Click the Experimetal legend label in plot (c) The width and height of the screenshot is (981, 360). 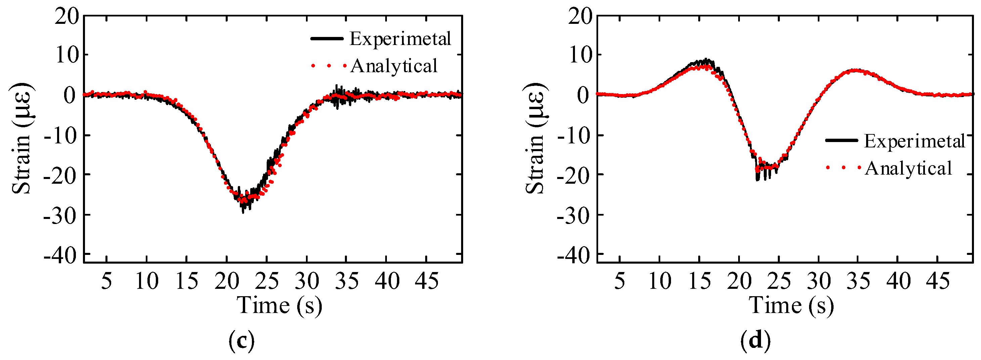[400, 39]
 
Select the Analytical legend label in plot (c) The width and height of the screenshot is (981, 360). [394, 66]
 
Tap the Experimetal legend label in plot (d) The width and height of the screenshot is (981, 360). [914, 141]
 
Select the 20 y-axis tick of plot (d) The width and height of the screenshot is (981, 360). [580, 17]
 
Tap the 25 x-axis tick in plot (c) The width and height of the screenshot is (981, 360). [267, 281]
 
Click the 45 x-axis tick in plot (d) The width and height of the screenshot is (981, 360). [938, 281]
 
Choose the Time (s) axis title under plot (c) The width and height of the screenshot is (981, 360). [279, 306]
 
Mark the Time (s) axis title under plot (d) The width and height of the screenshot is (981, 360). [792, 306]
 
